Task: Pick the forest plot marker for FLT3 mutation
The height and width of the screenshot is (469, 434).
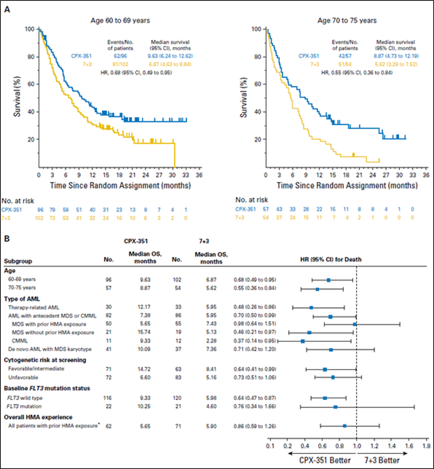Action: (335, 406)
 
